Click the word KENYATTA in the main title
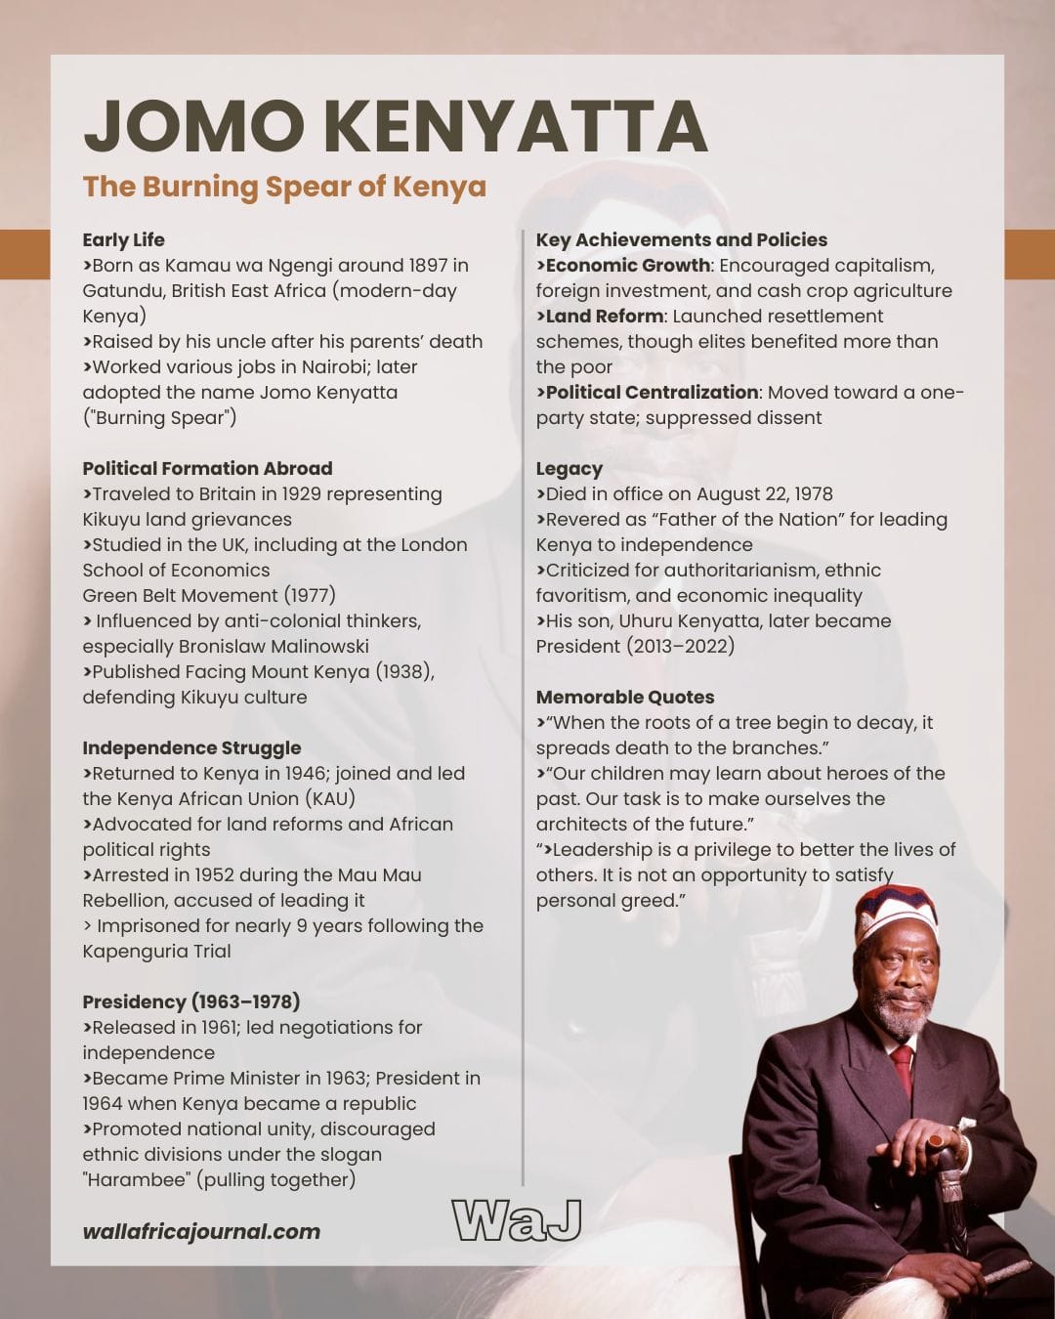pyautogui.click(x=515, y=127)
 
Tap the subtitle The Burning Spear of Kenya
pyautogui.click(x=284, y=187)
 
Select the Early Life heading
pyautogui.click(x=123, y=240)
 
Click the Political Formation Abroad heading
pyautogui.click(x=207, y=469)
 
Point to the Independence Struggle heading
pyautogui.click(x=191, y=748)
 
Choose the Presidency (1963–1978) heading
pyautogui.click(x=190, y=1002)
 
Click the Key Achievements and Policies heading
pyautogui.click(x=681, y=240)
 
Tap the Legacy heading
pyautogui.click(x=569, y=469)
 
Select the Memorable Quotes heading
pyautogui.click(x=624, y=698)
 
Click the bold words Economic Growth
pyautogui.click(x=627, y=266)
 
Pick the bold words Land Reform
pyautogui.click(x=604, y=317)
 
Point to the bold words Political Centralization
pyautogui.click(x=652, y=393)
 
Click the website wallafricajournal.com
pyautogui.click(x=201, y=1232)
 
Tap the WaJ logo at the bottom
pyautogui.click(x=517, y=1220)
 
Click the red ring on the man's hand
pyautogui.click(x=936, y=1140)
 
